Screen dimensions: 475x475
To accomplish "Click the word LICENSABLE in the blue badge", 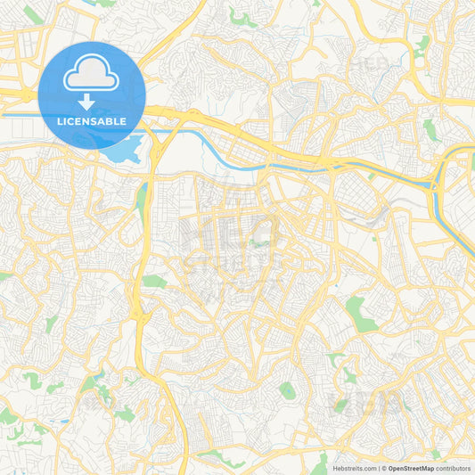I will click(x=92, y=121).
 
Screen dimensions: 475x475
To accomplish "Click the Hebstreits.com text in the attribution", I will click(x=354, y=468).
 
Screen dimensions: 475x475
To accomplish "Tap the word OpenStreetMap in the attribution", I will click(x=416, y=468).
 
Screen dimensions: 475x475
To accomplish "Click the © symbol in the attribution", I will click(x=385, y=468).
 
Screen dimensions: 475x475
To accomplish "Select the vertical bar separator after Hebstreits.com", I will click(x=380, y=468).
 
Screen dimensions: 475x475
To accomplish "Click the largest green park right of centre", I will click(x=360, y=314).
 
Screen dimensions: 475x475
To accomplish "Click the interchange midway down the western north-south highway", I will click(x=140, y=312).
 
